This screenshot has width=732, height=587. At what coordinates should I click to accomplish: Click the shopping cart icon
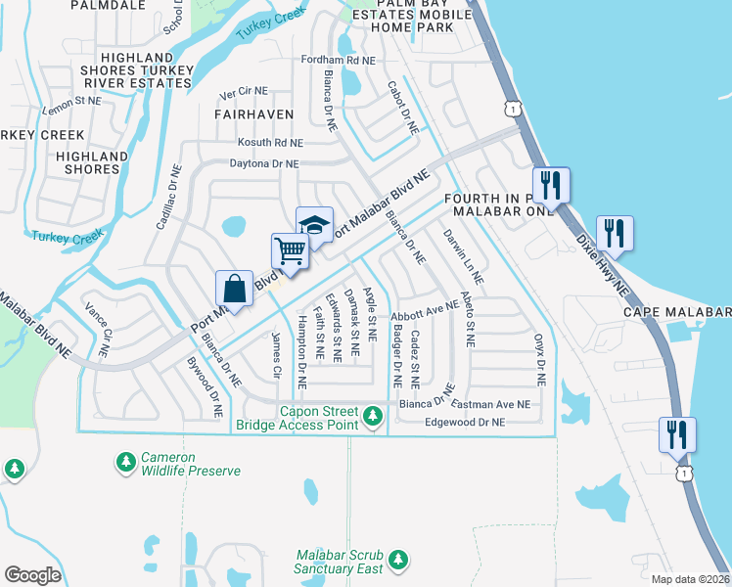click(x=290, y=252)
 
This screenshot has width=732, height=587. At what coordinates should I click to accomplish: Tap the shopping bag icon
click(x=235, y=289)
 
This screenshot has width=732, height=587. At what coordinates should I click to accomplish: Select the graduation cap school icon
click(x=315, y=225)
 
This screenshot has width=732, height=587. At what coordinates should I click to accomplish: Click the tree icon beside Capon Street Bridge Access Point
click(x=372, y=418)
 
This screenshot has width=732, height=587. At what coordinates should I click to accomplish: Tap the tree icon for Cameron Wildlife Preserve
click(x=126, y=460)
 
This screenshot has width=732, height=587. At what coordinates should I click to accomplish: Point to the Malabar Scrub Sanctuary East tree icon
click(x=397, y=559)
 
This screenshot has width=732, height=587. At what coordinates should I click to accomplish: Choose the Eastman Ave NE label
click(x=491, y=403)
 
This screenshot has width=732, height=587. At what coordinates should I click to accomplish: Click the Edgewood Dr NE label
click(x=465, y=422)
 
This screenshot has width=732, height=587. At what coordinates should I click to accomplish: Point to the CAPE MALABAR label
click(x=677, y=313)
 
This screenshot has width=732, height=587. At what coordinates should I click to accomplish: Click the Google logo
click(x=32, y=574)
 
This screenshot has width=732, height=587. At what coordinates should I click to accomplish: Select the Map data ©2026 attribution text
click(x=690, y=579)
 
